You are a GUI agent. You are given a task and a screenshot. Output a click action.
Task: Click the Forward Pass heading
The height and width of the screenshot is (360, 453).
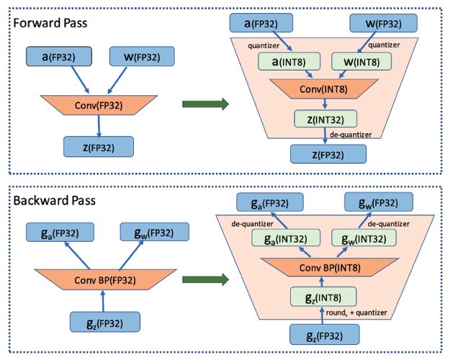point(50,23)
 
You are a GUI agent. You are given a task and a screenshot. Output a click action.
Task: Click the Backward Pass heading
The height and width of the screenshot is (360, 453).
point(54,200)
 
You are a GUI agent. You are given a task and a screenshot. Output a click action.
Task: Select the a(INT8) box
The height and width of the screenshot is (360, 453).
point(289,61)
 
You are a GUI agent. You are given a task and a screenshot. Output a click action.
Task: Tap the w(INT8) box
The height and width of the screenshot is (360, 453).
point(362,61)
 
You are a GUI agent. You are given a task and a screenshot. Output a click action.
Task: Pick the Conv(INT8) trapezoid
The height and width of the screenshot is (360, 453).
point(324,89)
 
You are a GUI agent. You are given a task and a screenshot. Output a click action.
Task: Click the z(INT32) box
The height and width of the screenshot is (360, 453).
point(326,119)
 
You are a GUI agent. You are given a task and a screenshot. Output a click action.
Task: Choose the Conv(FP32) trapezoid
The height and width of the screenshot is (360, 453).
point(99,105)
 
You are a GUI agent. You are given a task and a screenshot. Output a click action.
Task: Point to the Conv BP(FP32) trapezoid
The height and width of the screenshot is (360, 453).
point(105,279)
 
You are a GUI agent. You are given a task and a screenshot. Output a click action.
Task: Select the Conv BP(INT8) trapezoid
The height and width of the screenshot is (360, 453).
point(330,267)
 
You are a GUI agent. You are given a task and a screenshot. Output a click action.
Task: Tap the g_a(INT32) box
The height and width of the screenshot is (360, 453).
point(286,238)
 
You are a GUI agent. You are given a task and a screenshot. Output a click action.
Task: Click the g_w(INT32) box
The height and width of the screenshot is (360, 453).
point(364,238)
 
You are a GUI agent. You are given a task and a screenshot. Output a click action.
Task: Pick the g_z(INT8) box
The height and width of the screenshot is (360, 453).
point(323,297)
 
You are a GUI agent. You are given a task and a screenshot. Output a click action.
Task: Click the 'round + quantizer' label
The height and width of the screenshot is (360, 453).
point(356,312)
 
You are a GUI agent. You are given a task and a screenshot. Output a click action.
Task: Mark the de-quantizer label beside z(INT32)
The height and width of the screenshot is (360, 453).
point(351,135)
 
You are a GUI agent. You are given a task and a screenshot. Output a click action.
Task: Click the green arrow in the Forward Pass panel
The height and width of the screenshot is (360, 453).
point(205,104)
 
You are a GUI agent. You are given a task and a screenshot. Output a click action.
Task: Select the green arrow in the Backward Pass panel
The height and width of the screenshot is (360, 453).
point(205,279)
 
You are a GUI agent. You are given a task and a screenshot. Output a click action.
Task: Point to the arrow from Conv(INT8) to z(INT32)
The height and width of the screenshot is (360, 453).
point(325,104)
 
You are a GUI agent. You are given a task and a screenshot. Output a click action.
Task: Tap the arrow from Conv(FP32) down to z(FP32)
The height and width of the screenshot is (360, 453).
point(99,126)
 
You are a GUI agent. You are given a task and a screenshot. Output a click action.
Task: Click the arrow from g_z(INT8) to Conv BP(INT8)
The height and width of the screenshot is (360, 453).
point(322,282)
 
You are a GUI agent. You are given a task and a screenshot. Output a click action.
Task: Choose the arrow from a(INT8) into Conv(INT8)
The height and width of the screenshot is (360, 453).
point(308,74)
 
